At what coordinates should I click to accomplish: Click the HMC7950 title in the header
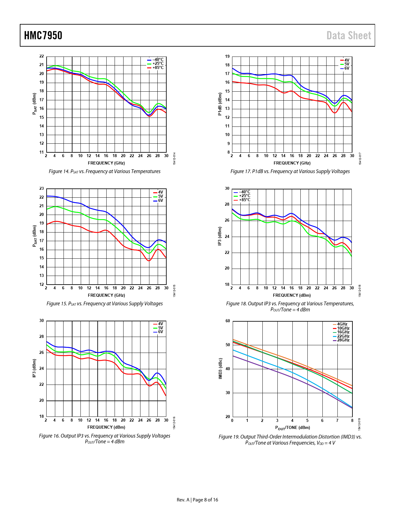point(43,35)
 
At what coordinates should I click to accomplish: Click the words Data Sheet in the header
point(349,35)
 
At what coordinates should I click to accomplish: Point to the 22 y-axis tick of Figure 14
point(41,56)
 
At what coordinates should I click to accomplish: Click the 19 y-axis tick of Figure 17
point(227,57)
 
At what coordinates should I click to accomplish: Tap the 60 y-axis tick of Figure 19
point(228,321)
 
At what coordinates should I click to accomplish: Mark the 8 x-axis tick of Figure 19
point(352,421)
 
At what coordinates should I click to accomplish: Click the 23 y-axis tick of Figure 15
point(41,188)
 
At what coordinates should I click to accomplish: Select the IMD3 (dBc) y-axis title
point(220,369)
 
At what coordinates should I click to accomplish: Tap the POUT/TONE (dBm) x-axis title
point(292,428)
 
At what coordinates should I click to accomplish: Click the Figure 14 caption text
point(104,172)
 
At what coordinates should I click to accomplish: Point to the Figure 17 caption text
point(290,172)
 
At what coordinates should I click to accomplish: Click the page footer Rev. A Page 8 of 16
point(197,500)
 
